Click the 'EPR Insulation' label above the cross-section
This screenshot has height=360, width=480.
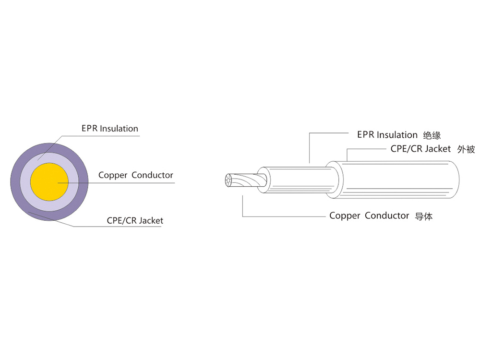point(109,129)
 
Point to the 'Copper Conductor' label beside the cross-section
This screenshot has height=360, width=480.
point(135,175)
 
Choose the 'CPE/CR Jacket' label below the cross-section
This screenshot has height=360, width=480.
point(135,221)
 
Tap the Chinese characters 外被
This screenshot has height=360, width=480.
point(466,149)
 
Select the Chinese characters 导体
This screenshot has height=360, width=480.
point(423,216)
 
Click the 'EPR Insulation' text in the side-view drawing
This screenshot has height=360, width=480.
point(387,135)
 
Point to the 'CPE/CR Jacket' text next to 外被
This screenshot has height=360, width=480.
point(420,149)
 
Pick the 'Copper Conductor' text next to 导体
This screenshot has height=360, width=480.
point(369,216)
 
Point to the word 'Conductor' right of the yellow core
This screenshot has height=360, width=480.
point(152,175)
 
